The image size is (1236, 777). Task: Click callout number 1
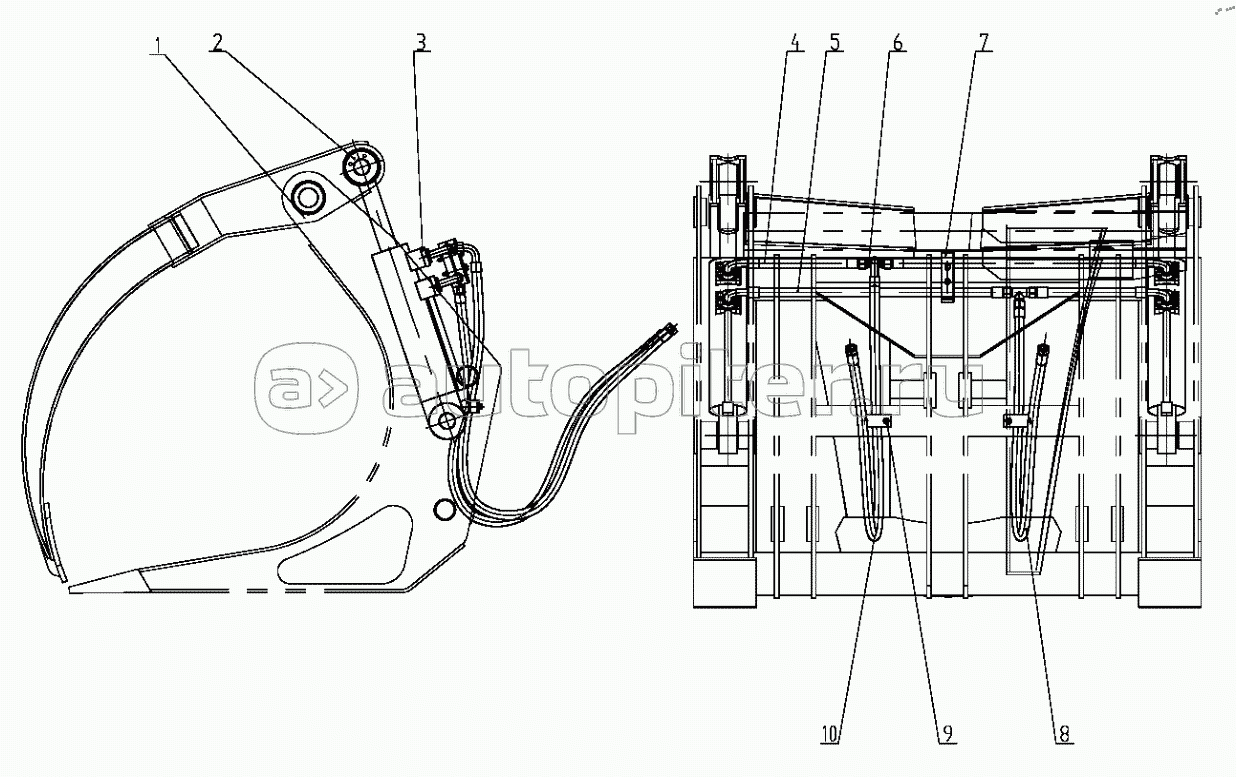click(158, 45)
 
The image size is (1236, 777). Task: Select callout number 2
click(217, 41)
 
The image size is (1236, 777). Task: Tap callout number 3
click(422, 41)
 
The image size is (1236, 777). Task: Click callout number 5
click(835, 42)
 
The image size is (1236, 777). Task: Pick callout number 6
click(897, 42)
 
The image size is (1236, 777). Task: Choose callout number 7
click(984, 42)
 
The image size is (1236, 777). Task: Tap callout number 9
click(947, 733)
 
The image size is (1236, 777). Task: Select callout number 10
click(830, 733)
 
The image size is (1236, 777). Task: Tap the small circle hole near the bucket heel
click(443, 510)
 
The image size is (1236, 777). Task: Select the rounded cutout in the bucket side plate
click(347, 545)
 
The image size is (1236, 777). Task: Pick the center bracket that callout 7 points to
click(947, 276)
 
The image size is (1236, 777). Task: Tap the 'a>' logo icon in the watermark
click(306, 388)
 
